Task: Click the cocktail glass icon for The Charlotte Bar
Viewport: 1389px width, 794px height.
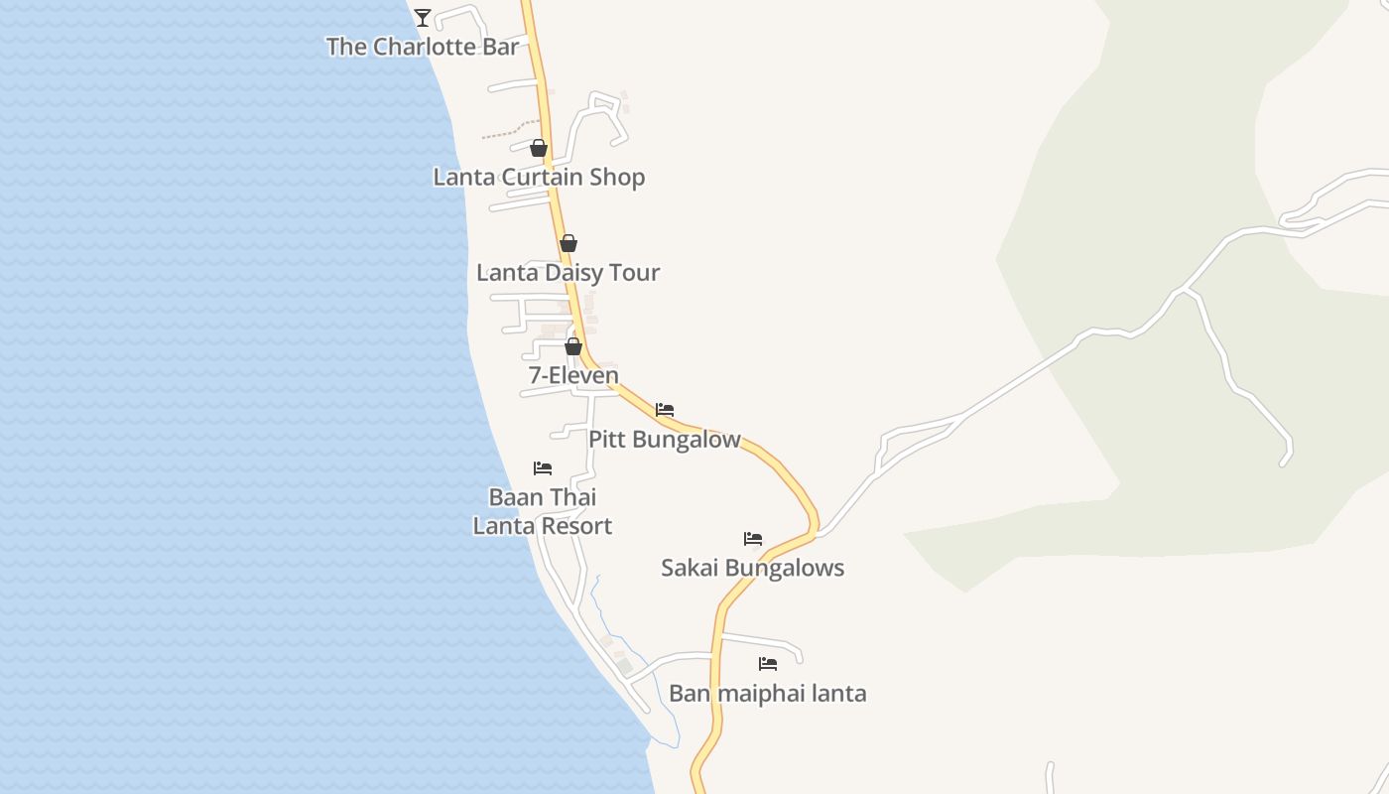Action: [423, 17]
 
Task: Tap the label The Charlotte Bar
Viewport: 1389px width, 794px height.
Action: [423, 47]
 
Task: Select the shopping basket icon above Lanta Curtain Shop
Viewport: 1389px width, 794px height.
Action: [539, 149]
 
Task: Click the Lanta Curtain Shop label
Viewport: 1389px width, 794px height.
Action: [539, 178]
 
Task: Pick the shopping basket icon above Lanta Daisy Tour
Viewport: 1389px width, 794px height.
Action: [568, 243]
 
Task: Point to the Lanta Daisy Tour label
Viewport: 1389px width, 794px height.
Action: [568, 273]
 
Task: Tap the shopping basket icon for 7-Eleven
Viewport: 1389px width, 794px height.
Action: [573, 346]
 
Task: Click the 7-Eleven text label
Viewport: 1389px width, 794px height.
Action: [573, 375]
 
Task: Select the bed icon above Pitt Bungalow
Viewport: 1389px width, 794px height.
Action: [665, 409]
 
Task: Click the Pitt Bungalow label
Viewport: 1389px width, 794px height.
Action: [665, 439]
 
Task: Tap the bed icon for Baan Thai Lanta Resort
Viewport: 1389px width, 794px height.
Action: [543, 467]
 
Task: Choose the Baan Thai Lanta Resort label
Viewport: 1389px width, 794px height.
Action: [543, 511]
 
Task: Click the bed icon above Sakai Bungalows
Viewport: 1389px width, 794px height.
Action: [753, 539]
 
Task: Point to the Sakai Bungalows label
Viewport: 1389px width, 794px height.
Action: [753, 568]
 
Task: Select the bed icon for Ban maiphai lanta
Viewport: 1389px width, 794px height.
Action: [768, 664]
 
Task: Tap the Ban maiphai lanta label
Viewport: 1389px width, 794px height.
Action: [768, 693]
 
